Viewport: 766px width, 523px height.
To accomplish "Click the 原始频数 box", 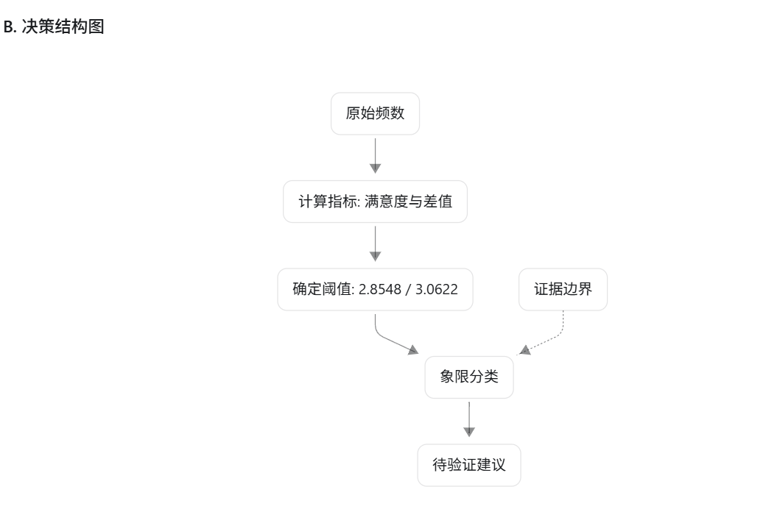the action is coord(375,114).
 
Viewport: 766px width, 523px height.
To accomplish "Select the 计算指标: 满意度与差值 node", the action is coord(375,202).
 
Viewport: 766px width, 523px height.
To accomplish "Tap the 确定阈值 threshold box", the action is coord(375,289).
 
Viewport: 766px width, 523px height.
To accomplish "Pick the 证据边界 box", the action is coord(563,289).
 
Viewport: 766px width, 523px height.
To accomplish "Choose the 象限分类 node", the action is coord(469,377).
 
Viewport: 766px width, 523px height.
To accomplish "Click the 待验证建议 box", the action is coord(469,465).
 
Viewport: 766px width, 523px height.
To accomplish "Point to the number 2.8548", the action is coord(379,289).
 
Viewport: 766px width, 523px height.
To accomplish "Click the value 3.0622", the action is coord(436,289).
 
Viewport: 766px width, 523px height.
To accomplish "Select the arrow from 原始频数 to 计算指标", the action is coord(375,156).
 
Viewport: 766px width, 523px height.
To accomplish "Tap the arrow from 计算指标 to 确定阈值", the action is coord(375,243).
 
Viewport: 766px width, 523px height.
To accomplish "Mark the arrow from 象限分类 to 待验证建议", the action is coord(469,419).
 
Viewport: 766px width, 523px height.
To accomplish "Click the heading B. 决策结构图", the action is coord(54,26).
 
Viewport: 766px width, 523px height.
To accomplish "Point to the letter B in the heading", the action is coord(8,26).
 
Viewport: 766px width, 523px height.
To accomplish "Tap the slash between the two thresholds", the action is coord(408,289).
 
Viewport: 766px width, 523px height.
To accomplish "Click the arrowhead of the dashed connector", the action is coord(524,350).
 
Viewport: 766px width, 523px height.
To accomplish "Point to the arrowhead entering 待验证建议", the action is coord(469,432).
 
